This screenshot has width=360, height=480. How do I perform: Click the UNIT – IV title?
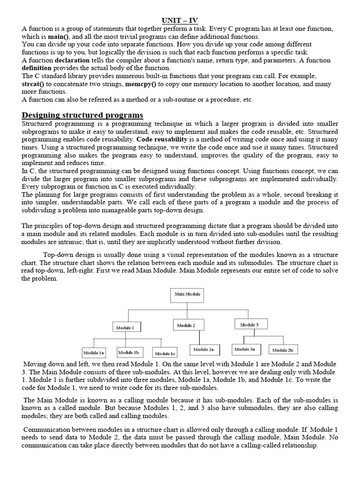point(180,20)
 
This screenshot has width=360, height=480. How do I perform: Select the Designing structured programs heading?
point(82,115)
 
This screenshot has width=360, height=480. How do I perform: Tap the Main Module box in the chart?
point(187,295)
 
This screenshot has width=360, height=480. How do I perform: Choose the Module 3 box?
point(248,324)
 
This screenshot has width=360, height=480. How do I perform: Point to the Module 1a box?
point(94,352)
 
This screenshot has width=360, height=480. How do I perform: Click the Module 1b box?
point(128,352)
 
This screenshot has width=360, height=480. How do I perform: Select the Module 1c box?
point(165,353)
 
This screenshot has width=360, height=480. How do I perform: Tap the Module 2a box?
point(204,350)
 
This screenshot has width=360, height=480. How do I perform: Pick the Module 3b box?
point(283,350)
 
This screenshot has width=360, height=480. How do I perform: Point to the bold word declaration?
point(73,60)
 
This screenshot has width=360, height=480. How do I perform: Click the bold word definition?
point(37,68)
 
